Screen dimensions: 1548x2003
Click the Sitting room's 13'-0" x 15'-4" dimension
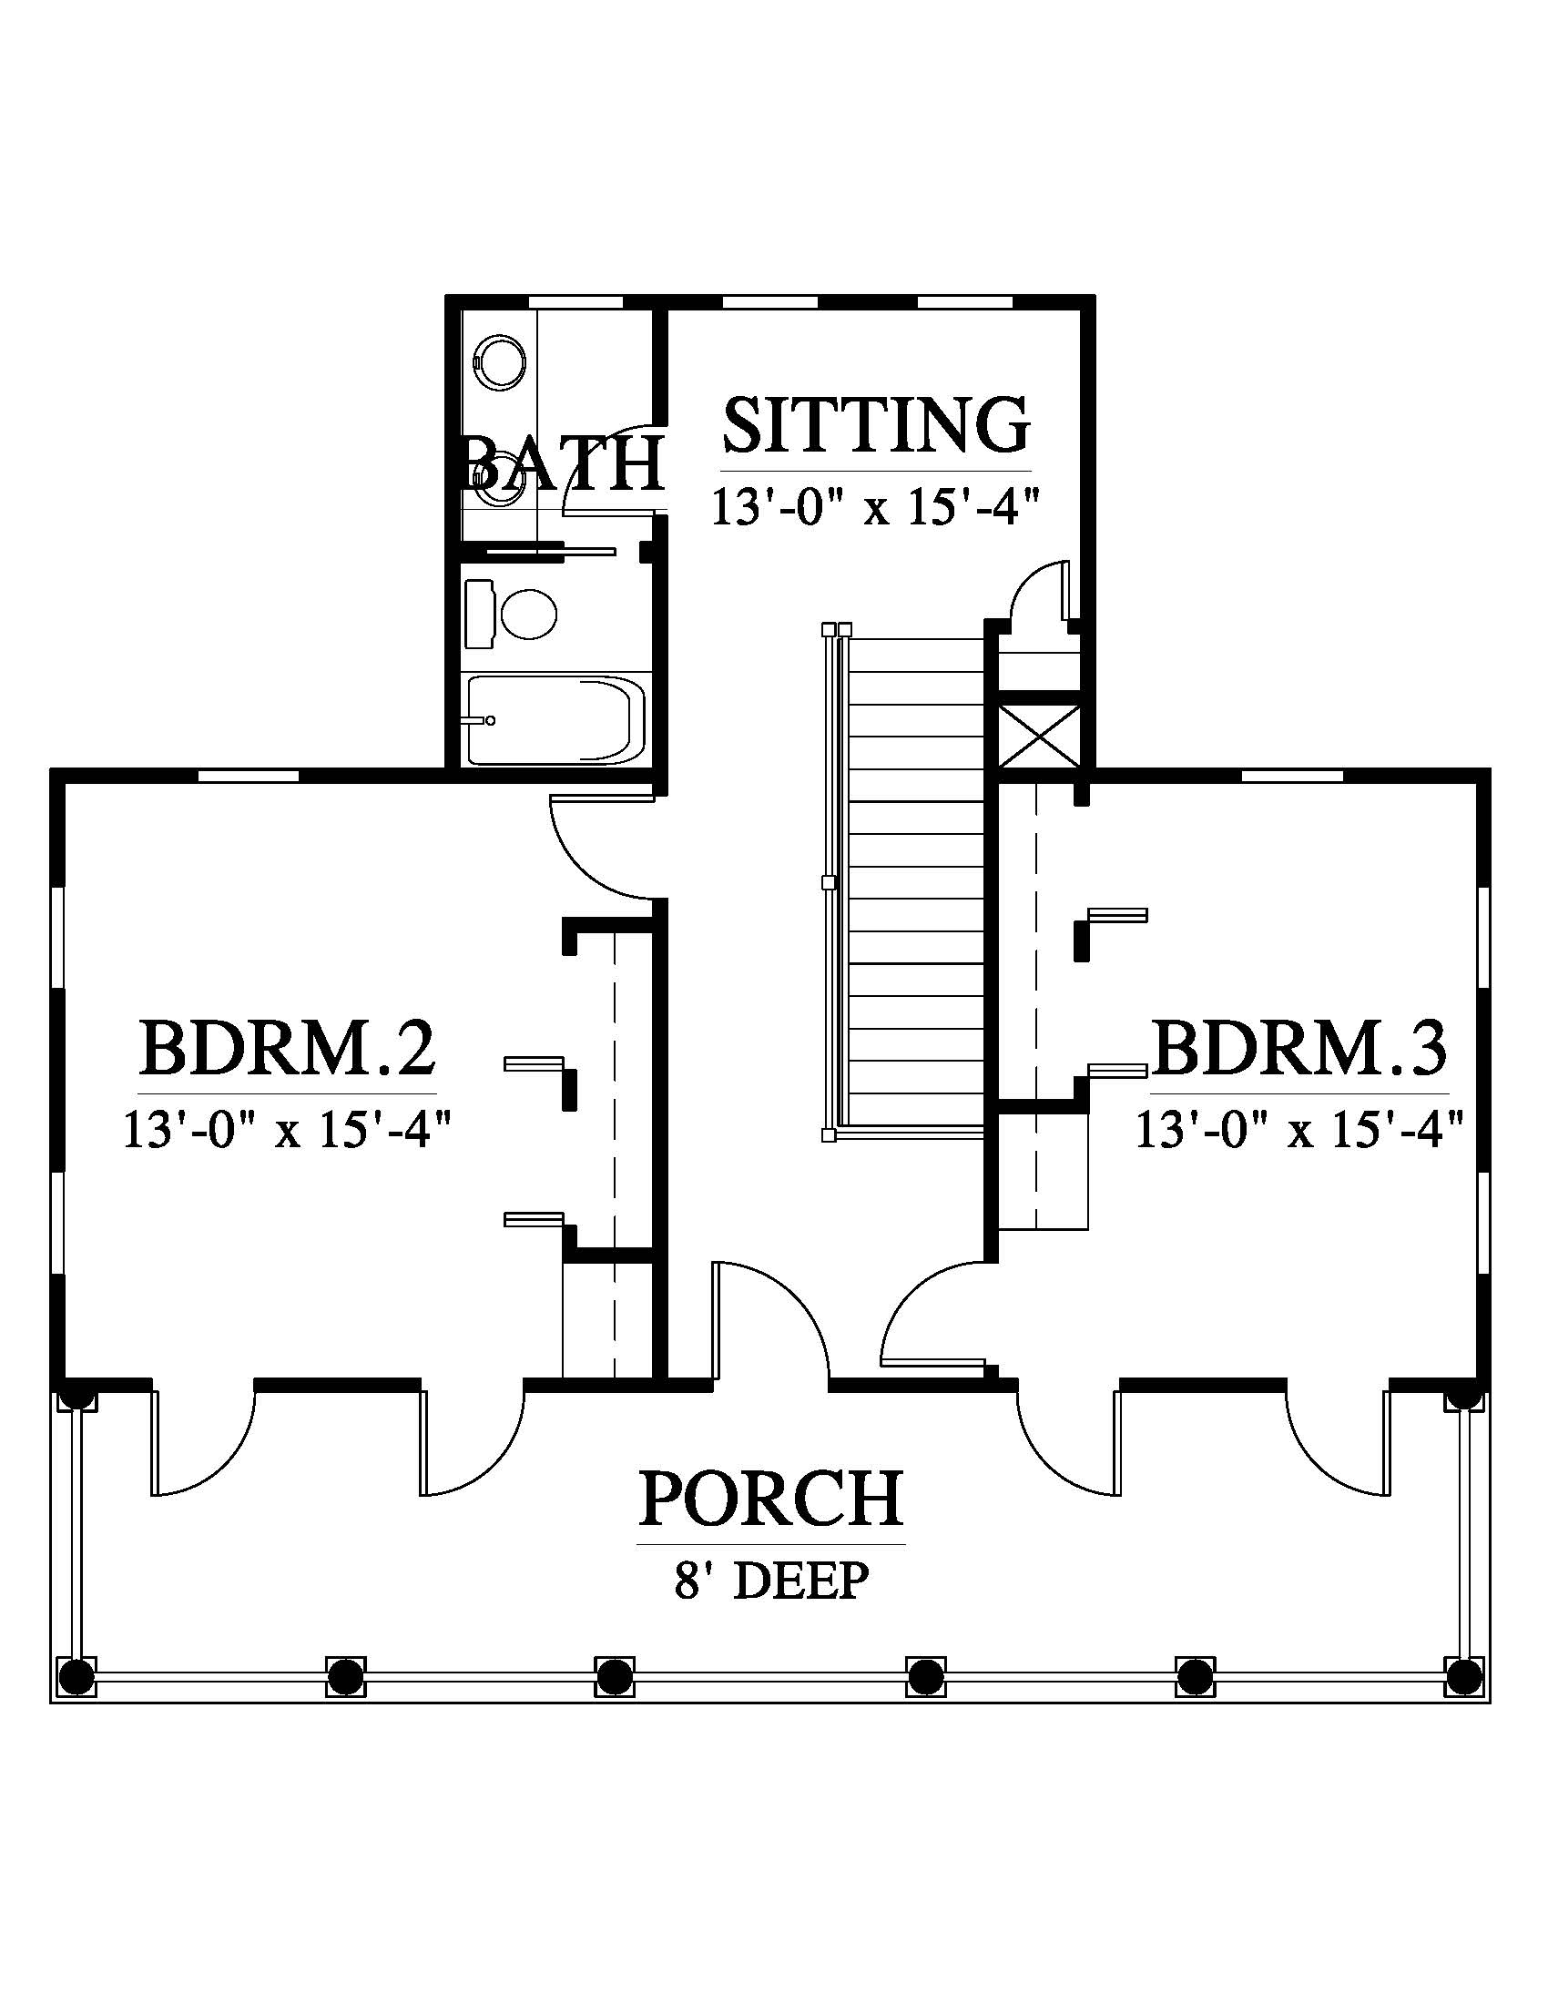pos(878,506)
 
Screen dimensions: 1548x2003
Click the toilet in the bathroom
pos(510,614)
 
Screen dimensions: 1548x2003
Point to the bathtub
pos(555,720)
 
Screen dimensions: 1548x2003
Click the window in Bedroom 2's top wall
pos(249,776)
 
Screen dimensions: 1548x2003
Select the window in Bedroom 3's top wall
pos(1292,776)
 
